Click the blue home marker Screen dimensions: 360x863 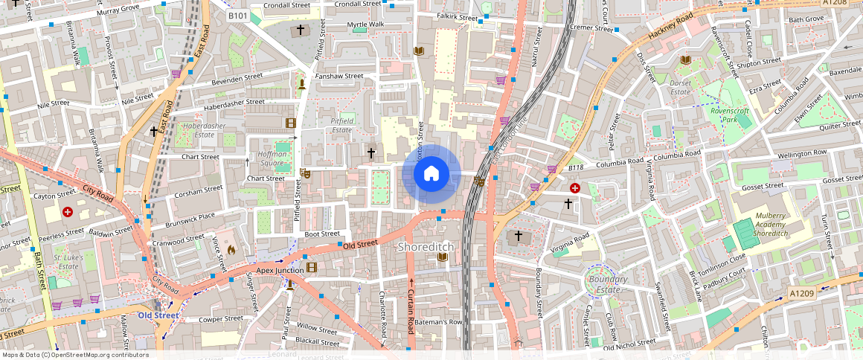431,174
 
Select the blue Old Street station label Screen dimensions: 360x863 158,315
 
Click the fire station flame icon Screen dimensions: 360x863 230,251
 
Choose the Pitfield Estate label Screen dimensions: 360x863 341,124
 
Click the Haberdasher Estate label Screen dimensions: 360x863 203,130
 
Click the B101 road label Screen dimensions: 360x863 238,16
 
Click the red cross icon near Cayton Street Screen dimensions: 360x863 68,212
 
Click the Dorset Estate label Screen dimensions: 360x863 680,88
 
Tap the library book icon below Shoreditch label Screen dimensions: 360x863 443,257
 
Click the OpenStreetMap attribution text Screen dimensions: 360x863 74,355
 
